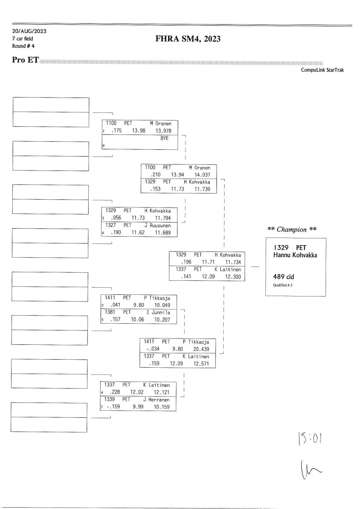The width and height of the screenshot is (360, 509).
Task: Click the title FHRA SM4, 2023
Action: tap(188, 39)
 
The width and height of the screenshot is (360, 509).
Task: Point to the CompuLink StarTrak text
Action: tap(322, 70)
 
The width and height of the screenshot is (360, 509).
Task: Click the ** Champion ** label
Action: tap(292, 229)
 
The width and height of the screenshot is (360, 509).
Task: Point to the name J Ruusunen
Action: tap(157, 225)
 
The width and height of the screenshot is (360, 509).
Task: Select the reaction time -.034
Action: tap(152, 349)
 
